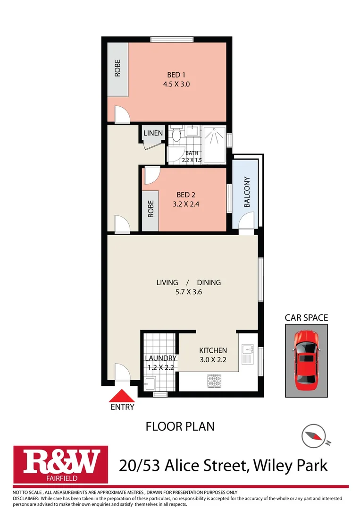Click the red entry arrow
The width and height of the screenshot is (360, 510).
[122, 395]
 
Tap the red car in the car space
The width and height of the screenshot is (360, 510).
[306, 360]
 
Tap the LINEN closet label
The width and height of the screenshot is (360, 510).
[153, 134]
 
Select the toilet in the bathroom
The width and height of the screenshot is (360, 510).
[176, 135]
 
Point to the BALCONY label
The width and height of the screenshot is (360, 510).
[247, 193]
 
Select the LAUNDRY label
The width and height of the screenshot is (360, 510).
[160, 358]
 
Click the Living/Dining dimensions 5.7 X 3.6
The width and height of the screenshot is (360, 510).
[189, 292]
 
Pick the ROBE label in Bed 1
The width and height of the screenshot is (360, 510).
[117, 68]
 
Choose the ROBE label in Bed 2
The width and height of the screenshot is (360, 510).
[151, 209]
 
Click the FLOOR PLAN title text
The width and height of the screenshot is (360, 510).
[180, 426]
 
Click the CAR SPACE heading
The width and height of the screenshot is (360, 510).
[306, 318]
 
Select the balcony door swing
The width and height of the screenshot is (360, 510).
[247, 221]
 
